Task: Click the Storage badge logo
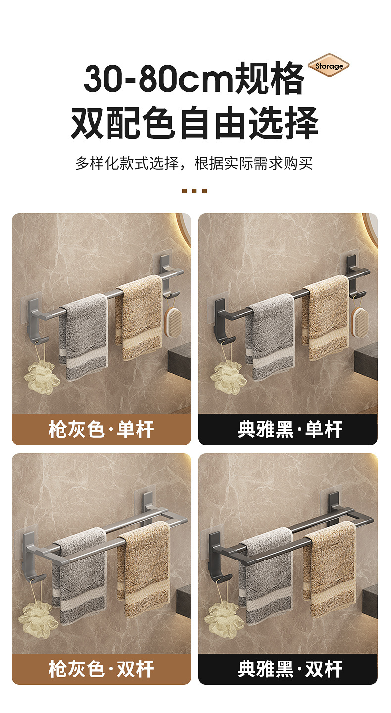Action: click(329, 66)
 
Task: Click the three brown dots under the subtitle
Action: click(195, 191)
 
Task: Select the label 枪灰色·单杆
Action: click(101, 429)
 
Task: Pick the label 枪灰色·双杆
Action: click(101, 669)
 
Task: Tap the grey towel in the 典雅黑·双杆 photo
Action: click(267, 574)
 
